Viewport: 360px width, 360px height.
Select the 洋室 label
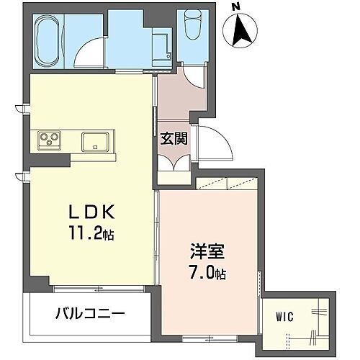pos(208,252)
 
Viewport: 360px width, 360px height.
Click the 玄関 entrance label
pos(174,138)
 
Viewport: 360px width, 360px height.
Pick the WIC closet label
pos(284,315)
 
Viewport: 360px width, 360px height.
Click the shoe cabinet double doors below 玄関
pos(174,162)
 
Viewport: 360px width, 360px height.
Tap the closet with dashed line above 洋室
pos(224,184)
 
